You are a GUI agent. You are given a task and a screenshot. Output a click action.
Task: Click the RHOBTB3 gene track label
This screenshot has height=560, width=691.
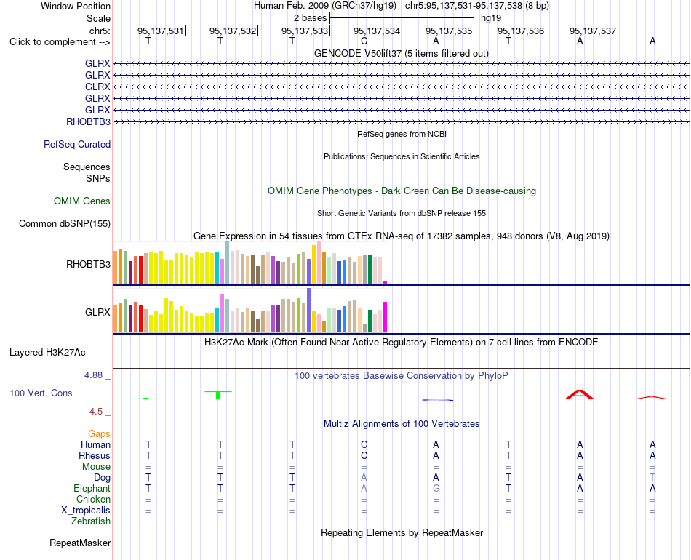pyautogui.click(x=88, y=121)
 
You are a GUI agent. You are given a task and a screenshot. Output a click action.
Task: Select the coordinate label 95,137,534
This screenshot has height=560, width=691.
pyautogui.click(x=376, y=31)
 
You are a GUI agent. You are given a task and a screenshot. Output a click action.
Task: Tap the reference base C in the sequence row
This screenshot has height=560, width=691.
pyautogui.click(x=364, y=41)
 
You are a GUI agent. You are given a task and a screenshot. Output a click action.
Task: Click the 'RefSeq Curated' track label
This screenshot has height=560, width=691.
pyautogui.click(x=77, y=145)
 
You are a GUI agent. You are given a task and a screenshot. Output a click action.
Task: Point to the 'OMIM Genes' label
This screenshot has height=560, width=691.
pyautogui.click(x=82, y=201)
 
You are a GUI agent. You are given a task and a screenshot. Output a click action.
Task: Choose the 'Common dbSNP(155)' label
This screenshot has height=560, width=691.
pyautogui.click(x=65, y=224)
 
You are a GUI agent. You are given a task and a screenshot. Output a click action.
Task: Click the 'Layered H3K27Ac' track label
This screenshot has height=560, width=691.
pyautogui.click(x=47, y=353)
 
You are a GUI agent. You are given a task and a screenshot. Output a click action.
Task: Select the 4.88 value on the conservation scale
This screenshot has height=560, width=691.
pyautogui.click(x=93, y=375)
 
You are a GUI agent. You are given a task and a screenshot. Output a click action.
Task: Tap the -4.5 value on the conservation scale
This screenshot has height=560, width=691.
pyautogui.click(x=95, y=412)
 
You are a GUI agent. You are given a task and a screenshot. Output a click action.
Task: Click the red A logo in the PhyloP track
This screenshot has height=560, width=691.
pyautogui.click(x=580, y=394)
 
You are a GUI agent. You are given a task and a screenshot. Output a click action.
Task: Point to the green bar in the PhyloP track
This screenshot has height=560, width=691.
pyautogui.click(x=218, y=394)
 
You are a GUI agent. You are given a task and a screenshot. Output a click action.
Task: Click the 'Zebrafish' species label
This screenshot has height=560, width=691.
pyautogui.click(x=91, y=521)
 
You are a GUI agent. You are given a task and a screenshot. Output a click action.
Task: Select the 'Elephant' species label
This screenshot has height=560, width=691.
pyautogui.click(x=92, y=489)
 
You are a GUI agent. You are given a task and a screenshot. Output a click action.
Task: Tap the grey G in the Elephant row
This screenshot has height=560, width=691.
pyautogui.click(x=436, y=489)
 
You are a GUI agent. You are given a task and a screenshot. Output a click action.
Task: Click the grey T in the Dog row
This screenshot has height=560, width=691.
pyautogui.click(x=652, y=478)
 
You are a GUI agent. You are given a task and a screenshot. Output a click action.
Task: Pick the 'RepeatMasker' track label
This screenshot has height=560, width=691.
pyautogui.click(x=80, y=543)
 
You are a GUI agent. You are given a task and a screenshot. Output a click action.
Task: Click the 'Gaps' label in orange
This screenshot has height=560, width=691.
pyautogui.click(x=99, y=434)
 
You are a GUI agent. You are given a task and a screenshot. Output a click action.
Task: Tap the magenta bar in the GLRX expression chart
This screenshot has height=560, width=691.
pyautogui.click(x=386, y=317)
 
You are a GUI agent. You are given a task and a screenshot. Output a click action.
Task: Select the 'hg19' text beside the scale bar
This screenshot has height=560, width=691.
pyautogui.click(x=491, y=18)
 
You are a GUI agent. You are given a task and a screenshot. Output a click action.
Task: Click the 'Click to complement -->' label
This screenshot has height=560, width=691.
pyautogui.click(x=60, y=42)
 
